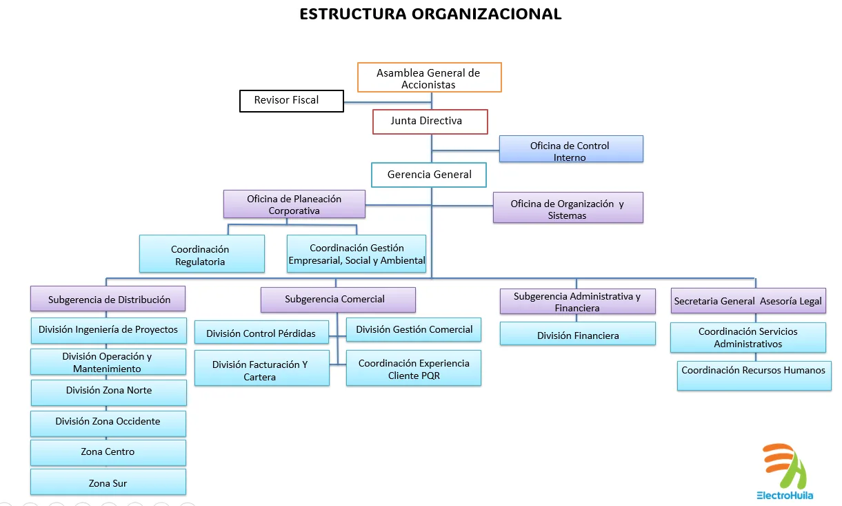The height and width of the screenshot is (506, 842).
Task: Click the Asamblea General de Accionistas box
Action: click(429, 77)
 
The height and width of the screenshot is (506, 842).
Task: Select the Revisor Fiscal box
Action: click(291, 101)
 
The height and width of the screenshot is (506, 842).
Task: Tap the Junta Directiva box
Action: click(430, 121)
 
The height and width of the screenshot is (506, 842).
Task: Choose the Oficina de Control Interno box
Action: click(570, 149)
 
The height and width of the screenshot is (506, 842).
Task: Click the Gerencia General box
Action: click(429, 175)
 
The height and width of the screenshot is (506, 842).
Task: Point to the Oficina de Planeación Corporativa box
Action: click(294, 204)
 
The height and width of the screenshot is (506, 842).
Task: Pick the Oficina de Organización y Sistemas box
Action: click(568, 207)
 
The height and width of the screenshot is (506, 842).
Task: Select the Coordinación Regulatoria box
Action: click(201, 254)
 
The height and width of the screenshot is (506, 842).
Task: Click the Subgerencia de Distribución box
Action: click(108, 300)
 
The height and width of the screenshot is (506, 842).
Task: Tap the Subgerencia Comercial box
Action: click(337, 300)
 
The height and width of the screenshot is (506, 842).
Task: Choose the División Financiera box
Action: click(578, 335)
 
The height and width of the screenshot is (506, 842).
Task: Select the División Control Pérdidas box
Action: click(261, 333)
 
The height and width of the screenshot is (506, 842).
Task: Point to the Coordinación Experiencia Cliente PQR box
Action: click(414, 369)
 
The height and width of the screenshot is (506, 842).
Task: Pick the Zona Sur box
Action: click(108, 483)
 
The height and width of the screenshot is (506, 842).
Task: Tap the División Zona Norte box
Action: click(108, 391)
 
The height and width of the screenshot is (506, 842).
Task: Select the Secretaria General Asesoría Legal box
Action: click(748, 301)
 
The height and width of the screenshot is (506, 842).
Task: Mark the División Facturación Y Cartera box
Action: click(261, 369)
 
